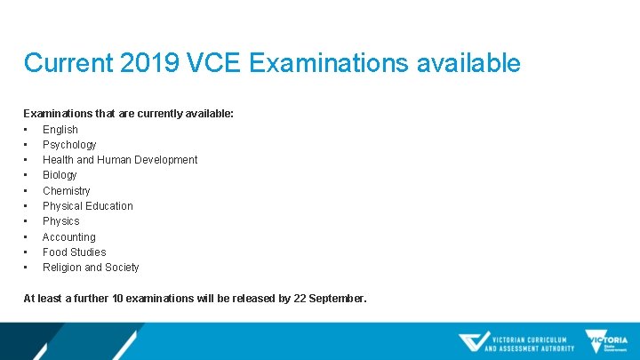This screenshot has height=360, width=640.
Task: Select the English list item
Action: point(60,129)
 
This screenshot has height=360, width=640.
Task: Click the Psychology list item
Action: point(69,144)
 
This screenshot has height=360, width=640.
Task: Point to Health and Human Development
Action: point(120,160)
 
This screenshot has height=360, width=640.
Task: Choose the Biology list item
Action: point(60,175)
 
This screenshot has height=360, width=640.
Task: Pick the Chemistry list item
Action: point(67,190)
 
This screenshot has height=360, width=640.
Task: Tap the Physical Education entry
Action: point(88,206)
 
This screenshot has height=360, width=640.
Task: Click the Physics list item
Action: point(61,221)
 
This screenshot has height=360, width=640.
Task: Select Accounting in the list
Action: point(69,236)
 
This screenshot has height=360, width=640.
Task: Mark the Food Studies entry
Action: point(74,252)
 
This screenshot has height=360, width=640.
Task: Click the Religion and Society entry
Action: point(91,268)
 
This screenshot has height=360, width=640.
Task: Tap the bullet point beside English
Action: point(27,129)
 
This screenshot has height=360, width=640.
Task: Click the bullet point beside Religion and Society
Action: point(27,268)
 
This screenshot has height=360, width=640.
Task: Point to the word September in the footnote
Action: point(337,299)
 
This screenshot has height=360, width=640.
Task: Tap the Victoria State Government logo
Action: point(606,341)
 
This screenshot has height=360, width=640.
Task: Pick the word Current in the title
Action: point(68,63)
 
